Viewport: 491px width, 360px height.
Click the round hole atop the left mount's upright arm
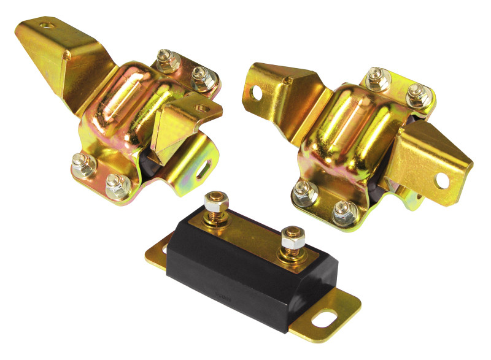47,26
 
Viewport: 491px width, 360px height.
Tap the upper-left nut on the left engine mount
164,60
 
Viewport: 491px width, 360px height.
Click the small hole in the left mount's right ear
199,108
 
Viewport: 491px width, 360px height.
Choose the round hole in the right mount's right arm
443,179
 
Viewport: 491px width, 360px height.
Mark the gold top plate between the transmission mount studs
252,227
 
